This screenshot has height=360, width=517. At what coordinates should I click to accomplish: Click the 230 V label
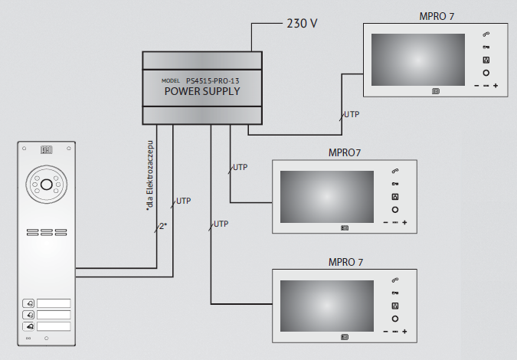[302, 24]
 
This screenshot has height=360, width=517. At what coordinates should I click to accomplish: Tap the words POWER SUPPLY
[202, 91]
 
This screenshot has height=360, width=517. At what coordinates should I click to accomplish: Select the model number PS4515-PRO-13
[213, 80]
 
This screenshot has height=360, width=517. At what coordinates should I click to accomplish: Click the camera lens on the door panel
[47, 185]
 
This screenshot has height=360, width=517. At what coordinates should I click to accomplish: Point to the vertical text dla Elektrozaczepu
[150, 175]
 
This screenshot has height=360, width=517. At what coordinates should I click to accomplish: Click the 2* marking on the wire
[163, 226]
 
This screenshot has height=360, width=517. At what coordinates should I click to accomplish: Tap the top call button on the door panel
[28, 303]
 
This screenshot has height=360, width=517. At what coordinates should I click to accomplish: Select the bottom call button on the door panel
[28, 326]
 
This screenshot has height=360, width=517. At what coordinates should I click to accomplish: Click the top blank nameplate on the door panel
[54, 303]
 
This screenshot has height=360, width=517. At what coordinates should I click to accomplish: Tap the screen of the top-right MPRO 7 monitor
[418, 60]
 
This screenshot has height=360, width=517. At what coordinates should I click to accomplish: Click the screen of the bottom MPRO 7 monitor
[327, 306]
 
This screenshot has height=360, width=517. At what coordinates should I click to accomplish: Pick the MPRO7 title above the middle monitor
[345, 153]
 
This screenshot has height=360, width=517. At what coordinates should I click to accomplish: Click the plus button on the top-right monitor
[496, 86]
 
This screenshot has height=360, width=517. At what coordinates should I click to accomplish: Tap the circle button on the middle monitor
[395, 210]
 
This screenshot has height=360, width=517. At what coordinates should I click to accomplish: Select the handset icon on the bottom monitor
[395, 280]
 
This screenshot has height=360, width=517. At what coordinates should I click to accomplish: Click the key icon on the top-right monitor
[486, 47]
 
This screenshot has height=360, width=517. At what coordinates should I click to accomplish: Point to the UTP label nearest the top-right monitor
[352, 114]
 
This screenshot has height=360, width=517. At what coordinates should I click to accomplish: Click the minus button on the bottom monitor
[386, 332]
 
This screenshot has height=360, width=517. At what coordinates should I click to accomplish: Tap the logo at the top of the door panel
[47, 150]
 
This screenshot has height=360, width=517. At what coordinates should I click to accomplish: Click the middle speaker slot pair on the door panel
[47, 232]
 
